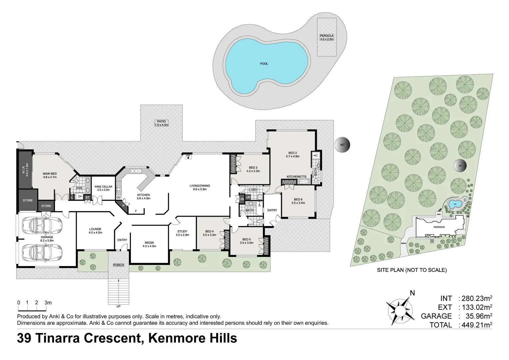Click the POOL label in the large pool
[x=264, y=64]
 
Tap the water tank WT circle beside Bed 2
[x=342, y=145]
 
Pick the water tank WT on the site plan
[x=460, y=165]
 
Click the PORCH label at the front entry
[x=118, y=265]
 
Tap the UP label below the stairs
[x=118, y=306]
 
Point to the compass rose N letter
[x=412, y=293]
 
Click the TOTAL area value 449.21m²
[x=475, y=325]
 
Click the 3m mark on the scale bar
[x=48, y=303]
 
